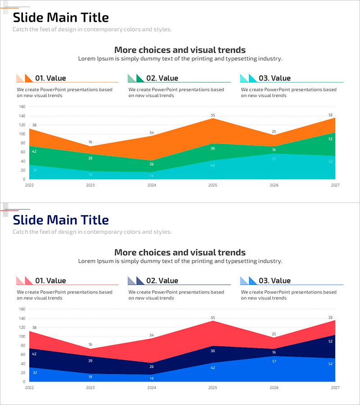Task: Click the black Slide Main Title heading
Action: pyautogui.click(x=61, y=18)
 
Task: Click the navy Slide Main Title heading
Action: pyautogui.click(x=61, y=220)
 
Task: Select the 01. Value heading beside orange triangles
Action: pyautogui.click(x=50, y=78)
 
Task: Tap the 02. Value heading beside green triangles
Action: pyautogui.click(x=162, y=78)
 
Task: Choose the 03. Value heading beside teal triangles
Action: pyautogui.click(x=274, y=78)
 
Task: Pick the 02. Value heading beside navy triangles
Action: pyautogui.click(x=162, y=281)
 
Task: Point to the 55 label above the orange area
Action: pyautogui.click(x=213, y=116)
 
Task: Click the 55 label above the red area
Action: pyautogui.click(x=213, y=318)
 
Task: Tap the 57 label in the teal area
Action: pyautogui.click(x=274, y=159)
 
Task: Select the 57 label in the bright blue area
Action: pyautogui.click(x=274, y=361)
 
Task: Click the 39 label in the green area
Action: pyautogui.click(x=90, y=158)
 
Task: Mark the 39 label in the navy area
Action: pyautogui.click(x=90, y=361)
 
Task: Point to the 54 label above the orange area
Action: pyautogui.click(x=152, y=133)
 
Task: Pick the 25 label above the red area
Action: pyautogui.click(x=274, y=334)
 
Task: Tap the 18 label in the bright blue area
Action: pyautogui.click(x=90, y=377)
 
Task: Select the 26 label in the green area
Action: pyautogui.click(x=152, y=164)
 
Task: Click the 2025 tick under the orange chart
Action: pyautogui.click(x=213, y=185)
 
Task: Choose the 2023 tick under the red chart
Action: pyautogui.click(x=90, y=387)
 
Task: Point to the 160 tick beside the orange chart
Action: pyautogui.click(x=22, y=107)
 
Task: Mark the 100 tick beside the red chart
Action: pyautogui.click(x=22, y=337)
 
